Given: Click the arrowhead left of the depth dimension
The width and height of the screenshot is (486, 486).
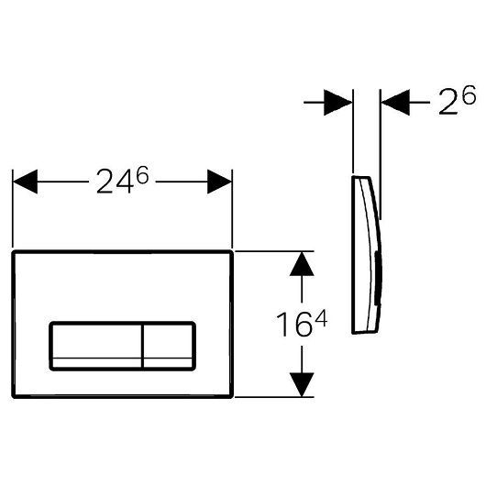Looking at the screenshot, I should (340, 103).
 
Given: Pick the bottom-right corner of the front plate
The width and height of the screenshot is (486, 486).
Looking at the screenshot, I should (232, 396).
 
